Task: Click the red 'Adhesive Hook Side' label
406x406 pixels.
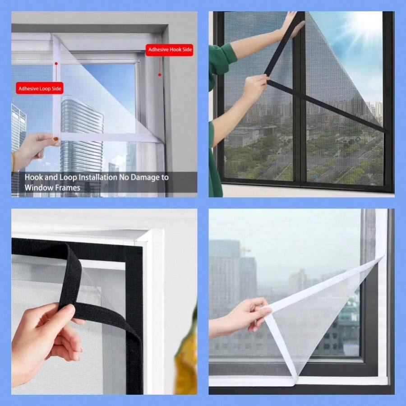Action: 169,50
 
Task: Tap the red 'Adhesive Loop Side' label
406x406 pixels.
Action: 40,88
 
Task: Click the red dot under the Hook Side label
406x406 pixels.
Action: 160,74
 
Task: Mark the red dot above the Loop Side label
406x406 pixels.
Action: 56,64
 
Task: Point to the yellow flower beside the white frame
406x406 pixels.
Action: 186,355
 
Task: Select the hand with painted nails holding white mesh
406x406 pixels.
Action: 36,148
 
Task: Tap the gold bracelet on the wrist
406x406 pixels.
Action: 14,161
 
